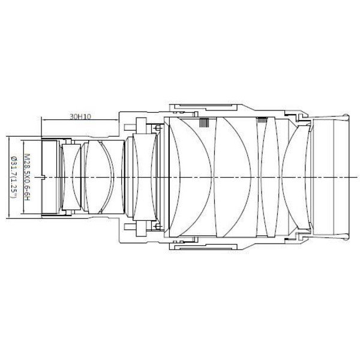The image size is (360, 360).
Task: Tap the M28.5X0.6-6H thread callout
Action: (27, 177)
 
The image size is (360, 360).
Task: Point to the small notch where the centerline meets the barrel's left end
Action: (45, 178)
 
